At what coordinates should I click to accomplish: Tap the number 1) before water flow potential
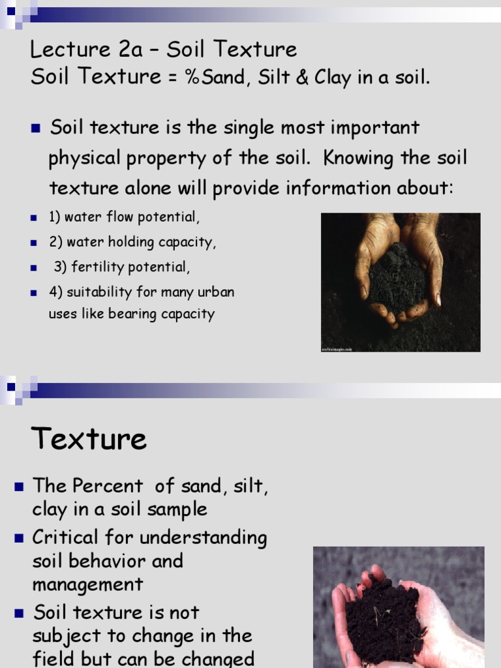pyautogui.click(x=55, y=217)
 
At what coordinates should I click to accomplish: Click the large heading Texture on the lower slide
pyautogui.click(x=89, y=438)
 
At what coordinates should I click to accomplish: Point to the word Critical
pyautogui.click(x=70, y=538)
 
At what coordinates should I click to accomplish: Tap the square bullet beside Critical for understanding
pyautogui.click(x=19, y=538)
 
